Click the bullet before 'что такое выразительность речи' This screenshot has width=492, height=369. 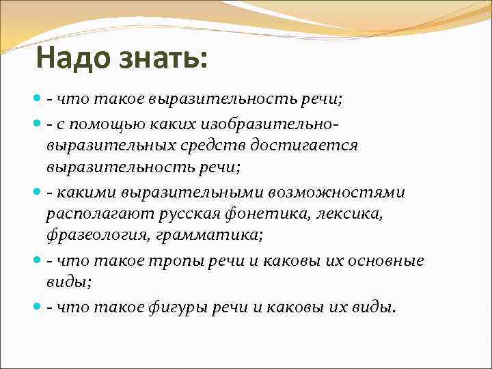click(37, 100)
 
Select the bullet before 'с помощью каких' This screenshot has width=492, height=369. click(37, 123)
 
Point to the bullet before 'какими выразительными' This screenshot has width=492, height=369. click(37, 193)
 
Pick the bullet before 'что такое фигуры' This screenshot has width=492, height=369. click(37, 307)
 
